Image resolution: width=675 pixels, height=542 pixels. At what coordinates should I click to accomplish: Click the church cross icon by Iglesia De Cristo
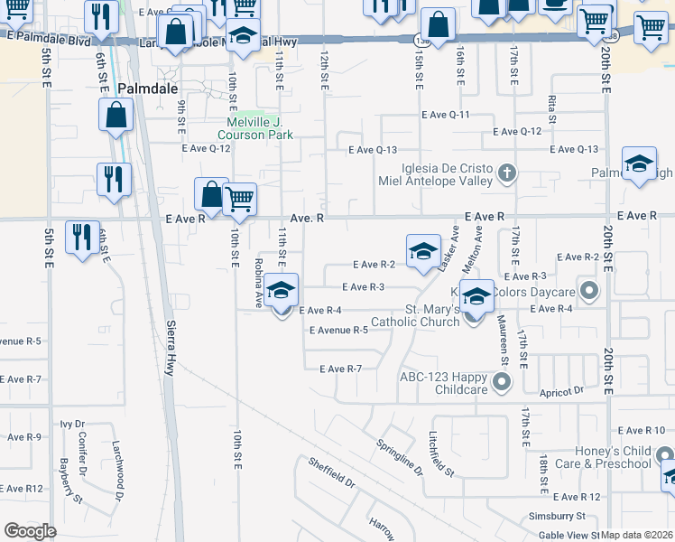pos(507,173)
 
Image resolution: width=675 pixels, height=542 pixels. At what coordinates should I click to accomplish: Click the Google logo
pos(30,531)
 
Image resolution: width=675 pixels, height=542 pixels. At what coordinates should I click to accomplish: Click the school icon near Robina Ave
pos(282,291)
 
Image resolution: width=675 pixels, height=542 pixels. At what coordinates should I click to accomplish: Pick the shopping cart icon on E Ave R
pos(239,198)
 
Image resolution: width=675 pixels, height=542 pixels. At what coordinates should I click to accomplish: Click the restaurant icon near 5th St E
pos(82,238)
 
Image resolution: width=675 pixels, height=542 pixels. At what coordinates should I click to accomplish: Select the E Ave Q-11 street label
pos(446,115)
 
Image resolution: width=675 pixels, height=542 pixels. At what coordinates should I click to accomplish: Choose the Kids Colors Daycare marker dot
pos(590,291)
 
